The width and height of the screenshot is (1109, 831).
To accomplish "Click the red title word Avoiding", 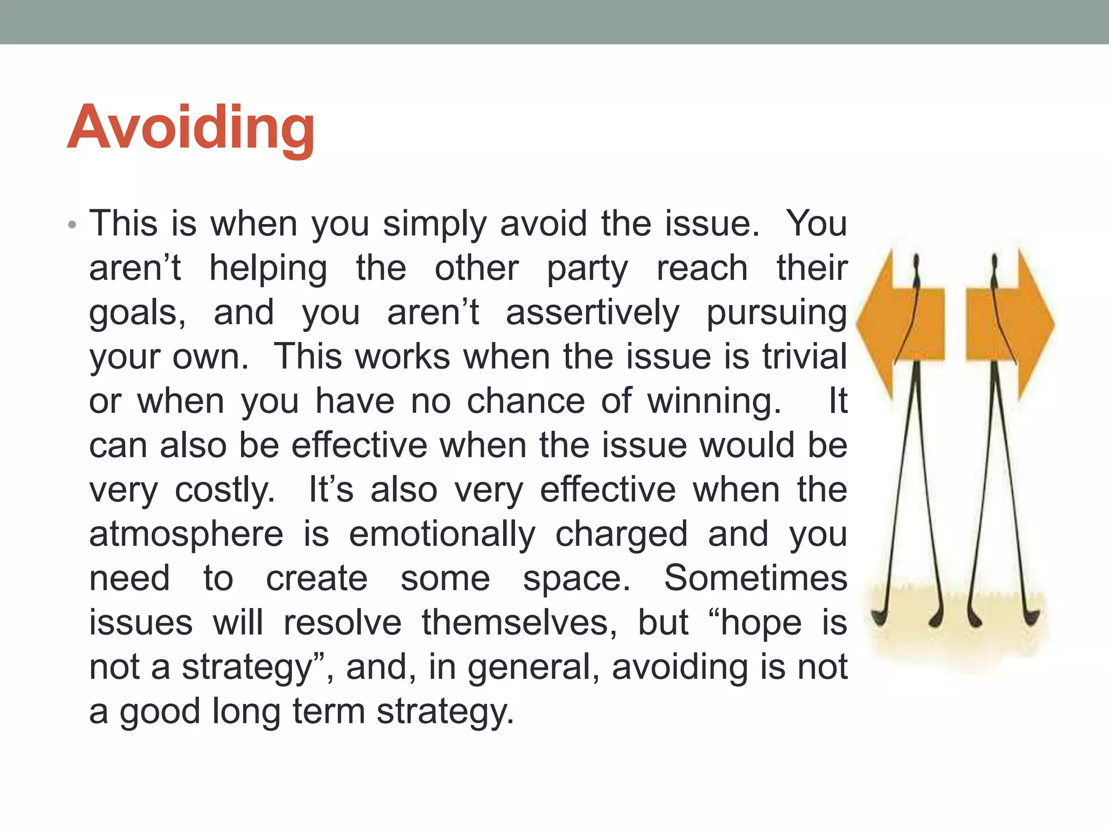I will [191, 129].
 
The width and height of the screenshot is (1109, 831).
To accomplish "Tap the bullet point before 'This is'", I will [73, 225].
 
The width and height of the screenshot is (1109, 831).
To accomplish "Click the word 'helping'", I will [268, 269].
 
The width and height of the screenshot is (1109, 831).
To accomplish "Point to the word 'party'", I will [587, 269].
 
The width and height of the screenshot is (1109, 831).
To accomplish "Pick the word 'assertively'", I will [592, 313].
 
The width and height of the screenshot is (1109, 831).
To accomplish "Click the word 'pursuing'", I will [777, 313].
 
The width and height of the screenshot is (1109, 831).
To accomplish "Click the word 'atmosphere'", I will [186, 534].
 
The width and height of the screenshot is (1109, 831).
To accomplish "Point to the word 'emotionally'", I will [442, 535].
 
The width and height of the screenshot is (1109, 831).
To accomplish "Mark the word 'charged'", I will [621, 535].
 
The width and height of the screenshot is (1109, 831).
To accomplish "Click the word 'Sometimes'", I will [755, 578].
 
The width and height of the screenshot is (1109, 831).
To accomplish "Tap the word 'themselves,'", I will [519, 623].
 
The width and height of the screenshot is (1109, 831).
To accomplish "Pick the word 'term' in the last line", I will [329, 711].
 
